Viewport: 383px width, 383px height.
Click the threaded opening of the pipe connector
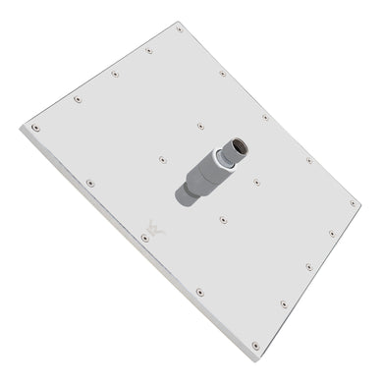click(x=240, y=148)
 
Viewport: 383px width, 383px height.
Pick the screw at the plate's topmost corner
click(x=180, y=29)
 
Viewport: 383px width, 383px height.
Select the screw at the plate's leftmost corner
click(x=36, y=127)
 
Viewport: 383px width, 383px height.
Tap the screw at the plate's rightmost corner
click(x=354, y=203)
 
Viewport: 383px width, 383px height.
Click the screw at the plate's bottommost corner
click(x=255, y=345)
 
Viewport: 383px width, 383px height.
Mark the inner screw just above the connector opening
click(x=200, y=126)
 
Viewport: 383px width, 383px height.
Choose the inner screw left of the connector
click(x=163, y=159)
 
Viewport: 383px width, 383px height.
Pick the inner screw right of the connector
click(x=256, y=182)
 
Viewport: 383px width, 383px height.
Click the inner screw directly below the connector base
click(x=222, y=220)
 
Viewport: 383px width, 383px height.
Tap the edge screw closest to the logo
click(x=145, y=238)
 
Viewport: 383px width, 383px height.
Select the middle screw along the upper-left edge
click(x=114, y=74)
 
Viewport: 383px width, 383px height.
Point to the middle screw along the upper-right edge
click(x=265, y=117)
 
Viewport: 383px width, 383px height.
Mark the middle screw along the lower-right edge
click(x=308, y=266)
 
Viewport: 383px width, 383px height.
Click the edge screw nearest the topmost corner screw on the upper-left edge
click(x=148, y=50)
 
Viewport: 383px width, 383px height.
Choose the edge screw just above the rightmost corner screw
click(x=309, y=160)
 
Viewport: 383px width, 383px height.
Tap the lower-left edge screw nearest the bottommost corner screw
click(x=200, y=292)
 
